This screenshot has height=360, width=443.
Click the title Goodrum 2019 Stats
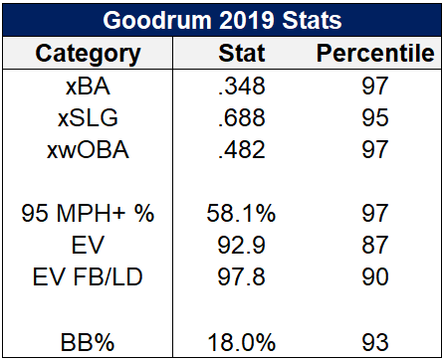pos(222,20)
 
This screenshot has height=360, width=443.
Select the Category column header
pos(88,55)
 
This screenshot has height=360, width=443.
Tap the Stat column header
pos(242,53)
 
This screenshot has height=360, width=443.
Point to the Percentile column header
pos(375,53)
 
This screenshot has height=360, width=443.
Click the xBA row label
pos(88,87)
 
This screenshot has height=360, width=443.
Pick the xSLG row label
pos(88,118)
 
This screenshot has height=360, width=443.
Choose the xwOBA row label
pos(88,150)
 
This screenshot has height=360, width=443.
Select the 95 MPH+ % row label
pos(88,213)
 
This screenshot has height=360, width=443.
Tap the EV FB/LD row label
pos(88,277)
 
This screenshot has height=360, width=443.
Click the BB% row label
pos(88,342)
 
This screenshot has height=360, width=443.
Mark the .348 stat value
pos(242,87)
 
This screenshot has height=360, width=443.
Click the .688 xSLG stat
pos(242,118)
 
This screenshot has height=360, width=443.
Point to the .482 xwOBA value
pos(242,150)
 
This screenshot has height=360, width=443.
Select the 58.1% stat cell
pos(241,213)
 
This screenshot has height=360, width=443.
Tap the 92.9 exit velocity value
pos(241,246)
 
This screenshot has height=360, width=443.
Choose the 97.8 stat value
pos(241,277)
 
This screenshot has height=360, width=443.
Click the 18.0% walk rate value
pos(242,342)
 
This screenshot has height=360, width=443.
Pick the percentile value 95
pos(375,118)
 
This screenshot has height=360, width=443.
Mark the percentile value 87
pos(375,246)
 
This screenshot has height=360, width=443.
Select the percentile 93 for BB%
pos(375,342)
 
